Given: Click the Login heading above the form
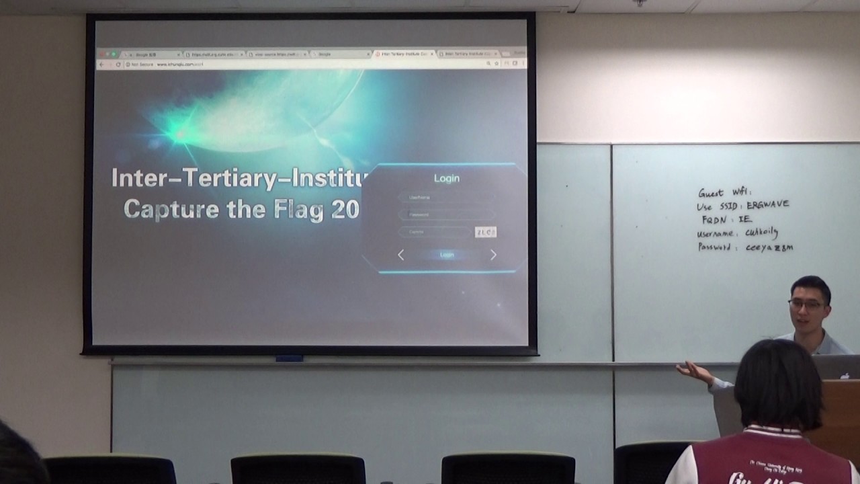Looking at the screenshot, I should pos(447,178).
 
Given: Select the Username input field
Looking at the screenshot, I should pos(447,197).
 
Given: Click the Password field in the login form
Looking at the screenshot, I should pos(447,214).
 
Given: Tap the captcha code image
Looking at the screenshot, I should pos(485,232).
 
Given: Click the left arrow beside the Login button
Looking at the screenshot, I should pos(401,255).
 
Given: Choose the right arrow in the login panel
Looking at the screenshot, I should pos(493,255).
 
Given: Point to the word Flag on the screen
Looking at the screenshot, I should pos(302,210).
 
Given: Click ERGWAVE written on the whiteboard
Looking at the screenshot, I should pos(768,204).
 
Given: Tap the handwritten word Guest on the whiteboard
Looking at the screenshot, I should pos(711,193).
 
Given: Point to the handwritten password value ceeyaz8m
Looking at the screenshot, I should pos(769,247).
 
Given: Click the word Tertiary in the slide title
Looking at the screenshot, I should pos(232,178).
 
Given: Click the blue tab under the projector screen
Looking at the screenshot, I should pos(289,358).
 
